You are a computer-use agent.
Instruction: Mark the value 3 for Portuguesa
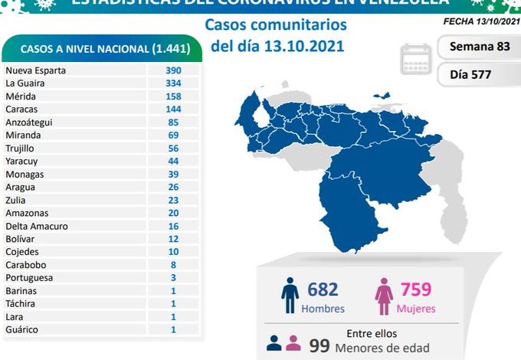click(x=173, y=278)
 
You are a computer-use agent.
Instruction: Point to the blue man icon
click(x=290, y=296)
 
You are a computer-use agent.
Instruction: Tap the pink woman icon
click(x=383, y=296)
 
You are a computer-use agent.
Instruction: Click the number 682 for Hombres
click(x=323, y=290)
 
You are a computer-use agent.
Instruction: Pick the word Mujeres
click(x=416, y=309)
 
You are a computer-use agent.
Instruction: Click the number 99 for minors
click(x=319, y=346)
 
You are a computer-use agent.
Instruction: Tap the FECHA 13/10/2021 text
click(x=480, y=21)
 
